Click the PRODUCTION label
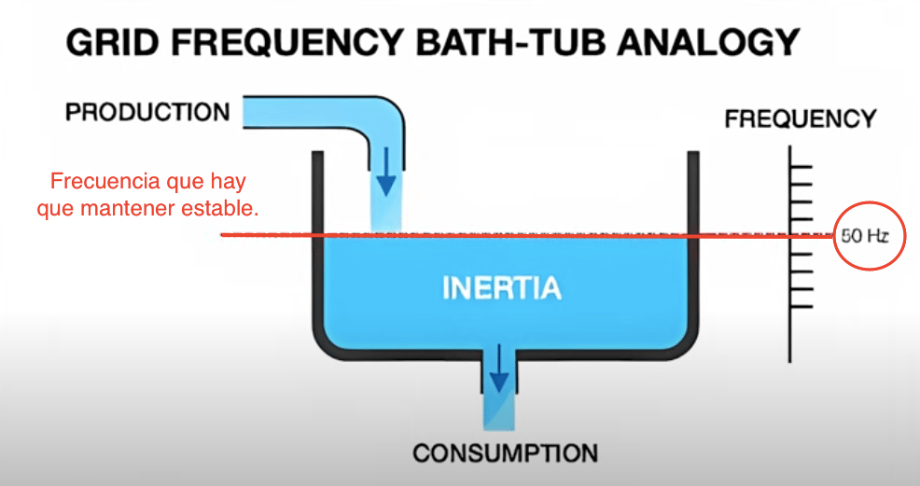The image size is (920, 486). [147, 113]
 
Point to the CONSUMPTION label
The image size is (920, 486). [505, 454]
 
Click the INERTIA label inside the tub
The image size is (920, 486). [502, 287]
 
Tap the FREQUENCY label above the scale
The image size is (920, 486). [800, 119]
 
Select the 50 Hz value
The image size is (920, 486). [864, 236]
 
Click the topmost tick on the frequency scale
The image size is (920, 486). [801, 169]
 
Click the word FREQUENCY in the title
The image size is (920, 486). [267, 42]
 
